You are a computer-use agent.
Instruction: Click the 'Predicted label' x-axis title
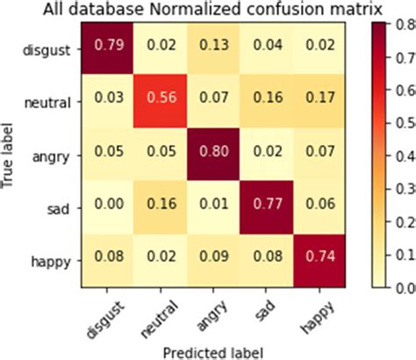(213, 347)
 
